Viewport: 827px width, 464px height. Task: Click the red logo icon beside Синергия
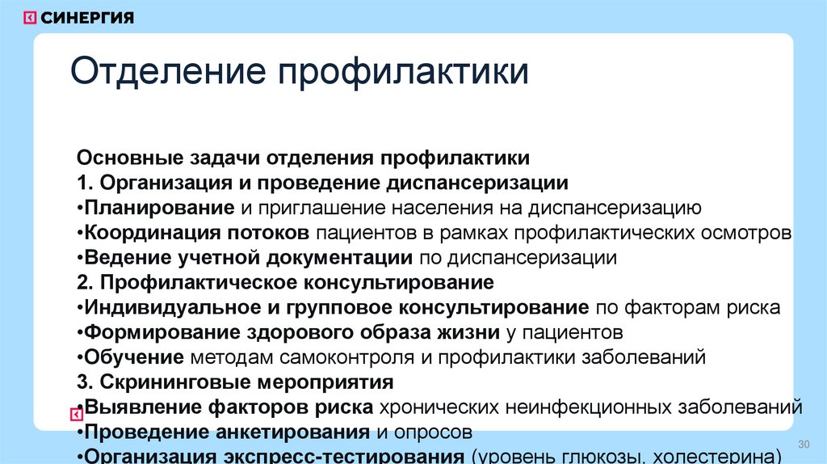(29, 17)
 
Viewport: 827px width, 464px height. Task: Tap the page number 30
(803, 445)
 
